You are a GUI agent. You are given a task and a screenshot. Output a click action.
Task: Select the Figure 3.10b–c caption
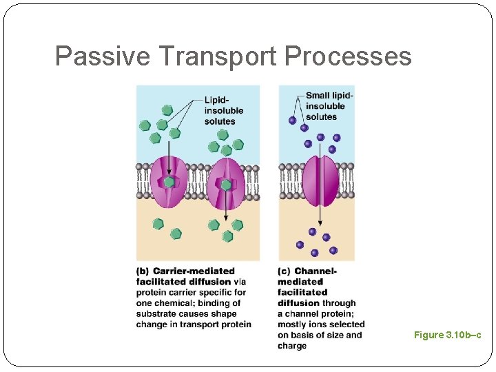(447, 335)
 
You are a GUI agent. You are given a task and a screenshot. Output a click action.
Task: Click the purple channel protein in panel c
(320, 181)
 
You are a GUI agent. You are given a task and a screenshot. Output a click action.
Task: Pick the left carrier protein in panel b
(169, 183)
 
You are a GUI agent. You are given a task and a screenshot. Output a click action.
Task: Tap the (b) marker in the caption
(143, 271)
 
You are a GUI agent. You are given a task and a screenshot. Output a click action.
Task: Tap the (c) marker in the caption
(284, 271)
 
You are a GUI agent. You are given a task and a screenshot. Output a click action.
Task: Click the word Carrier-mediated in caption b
(194, 271)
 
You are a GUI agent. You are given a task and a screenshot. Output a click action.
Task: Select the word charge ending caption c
(292, 346)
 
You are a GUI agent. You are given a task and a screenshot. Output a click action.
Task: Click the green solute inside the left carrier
(169, 183)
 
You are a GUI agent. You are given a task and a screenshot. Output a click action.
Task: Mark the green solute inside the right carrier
(226, 185)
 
